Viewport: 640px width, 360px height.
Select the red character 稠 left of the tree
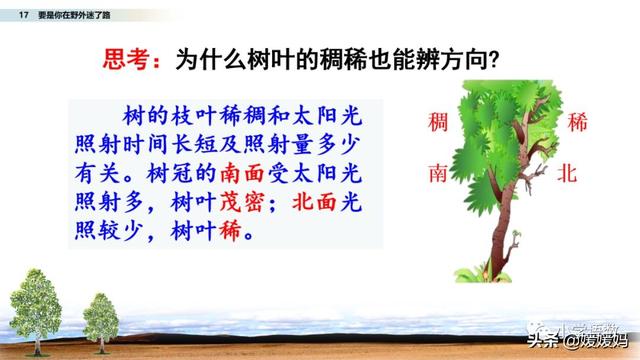(437, 124)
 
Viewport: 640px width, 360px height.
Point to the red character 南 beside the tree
(437, 172)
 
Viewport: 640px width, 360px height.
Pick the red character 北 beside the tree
(568, 172)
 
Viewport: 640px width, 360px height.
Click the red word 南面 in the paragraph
(243, 170)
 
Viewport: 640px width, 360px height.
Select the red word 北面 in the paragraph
(314, 200)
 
